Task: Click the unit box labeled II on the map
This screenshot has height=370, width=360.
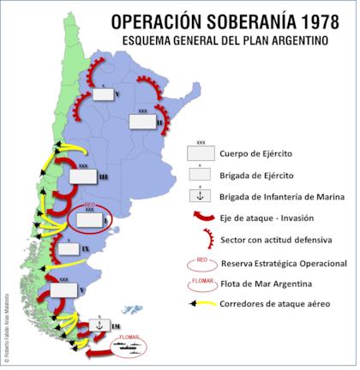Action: point(142,122)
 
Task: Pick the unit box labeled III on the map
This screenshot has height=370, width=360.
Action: point(83,176)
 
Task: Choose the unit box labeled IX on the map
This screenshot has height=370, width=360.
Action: point(66,248)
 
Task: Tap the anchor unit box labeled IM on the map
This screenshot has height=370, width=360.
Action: point(101,325)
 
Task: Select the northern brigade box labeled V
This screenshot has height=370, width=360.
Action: point(104,95)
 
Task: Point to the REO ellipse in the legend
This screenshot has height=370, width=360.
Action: point(200,261)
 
